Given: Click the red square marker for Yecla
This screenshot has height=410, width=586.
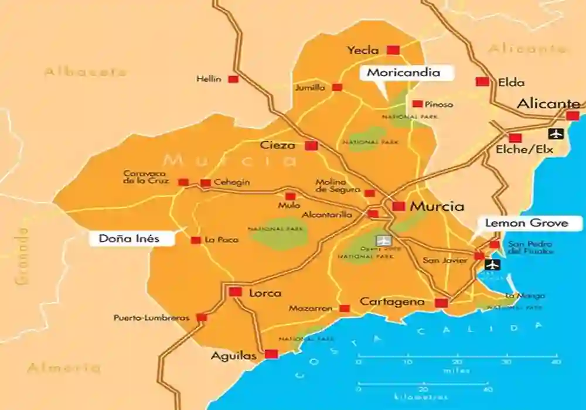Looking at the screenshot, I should click(393, 50).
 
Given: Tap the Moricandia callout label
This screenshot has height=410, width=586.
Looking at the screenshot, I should click(403, 73).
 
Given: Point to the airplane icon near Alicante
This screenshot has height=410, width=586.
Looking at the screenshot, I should click(555, 134).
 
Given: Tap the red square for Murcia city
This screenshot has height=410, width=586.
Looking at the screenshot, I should click(399, 206).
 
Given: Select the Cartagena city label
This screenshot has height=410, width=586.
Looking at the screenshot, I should click(392, 302).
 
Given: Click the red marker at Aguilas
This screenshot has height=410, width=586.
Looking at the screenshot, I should click(271, 354).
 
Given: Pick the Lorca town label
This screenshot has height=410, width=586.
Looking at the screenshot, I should click(265, 293).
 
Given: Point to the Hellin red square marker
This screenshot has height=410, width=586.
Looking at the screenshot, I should click(233, 79).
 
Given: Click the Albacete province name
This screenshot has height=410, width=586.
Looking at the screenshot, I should click(86, 72).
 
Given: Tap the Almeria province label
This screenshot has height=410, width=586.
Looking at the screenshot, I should click(64, 368).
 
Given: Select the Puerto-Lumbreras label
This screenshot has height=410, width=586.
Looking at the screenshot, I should click(152, 318).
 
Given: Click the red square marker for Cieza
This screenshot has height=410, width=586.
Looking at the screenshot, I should click(311, 146).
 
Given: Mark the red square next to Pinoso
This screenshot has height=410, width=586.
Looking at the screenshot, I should click(417, 104).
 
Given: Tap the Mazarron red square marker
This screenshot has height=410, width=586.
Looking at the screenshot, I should click(345, 308).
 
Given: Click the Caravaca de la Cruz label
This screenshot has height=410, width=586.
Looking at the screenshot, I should click(146, 177).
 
